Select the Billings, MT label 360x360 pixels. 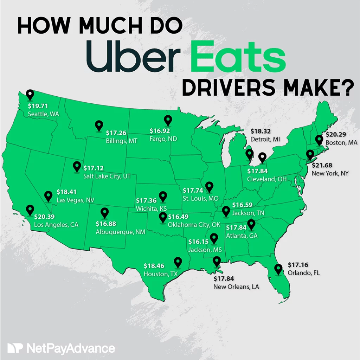[121, 141]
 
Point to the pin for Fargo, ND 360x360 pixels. [168, 120]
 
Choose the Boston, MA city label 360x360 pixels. [341, 143]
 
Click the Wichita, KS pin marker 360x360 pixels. [162, 197]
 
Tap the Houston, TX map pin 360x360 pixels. [178, 262]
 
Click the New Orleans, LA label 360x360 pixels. [236, 287]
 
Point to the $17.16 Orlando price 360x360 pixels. [298, 265]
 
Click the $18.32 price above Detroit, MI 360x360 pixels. [261, 131]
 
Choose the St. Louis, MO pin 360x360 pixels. [209, 186]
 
